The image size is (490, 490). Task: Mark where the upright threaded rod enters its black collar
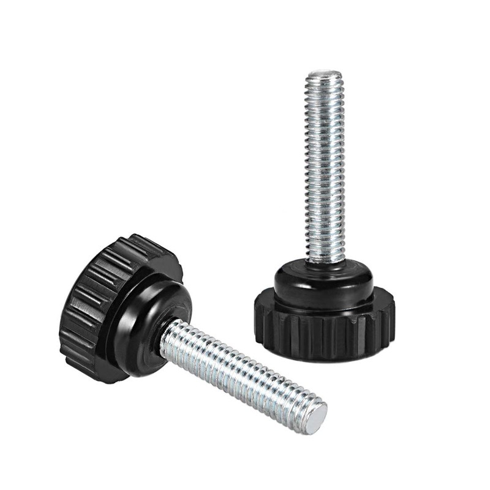click(325, 262)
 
